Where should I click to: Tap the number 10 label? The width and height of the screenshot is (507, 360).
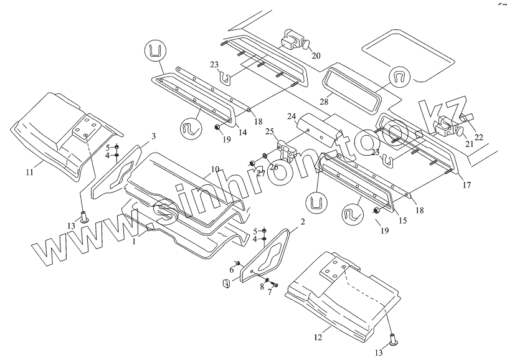(x=214, y=169)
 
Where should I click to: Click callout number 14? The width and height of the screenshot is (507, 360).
(x=242, y=132)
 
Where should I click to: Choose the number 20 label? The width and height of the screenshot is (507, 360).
(x=316, y=55)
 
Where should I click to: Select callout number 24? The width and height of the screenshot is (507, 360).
(x=291, y=116)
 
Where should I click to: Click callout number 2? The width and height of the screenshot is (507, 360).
(x=303, y=221)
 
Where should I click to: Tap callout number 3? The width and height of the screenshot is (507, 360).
(x=153, y=135)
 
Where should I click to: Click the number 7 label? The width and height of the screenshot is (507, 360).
(x=270, y=292)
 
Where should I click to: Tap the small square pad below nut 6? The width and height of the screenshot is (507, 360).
(x=227, y=285)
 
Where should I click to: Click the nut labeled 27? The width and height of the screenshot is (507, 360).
(x=252, y=164)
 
